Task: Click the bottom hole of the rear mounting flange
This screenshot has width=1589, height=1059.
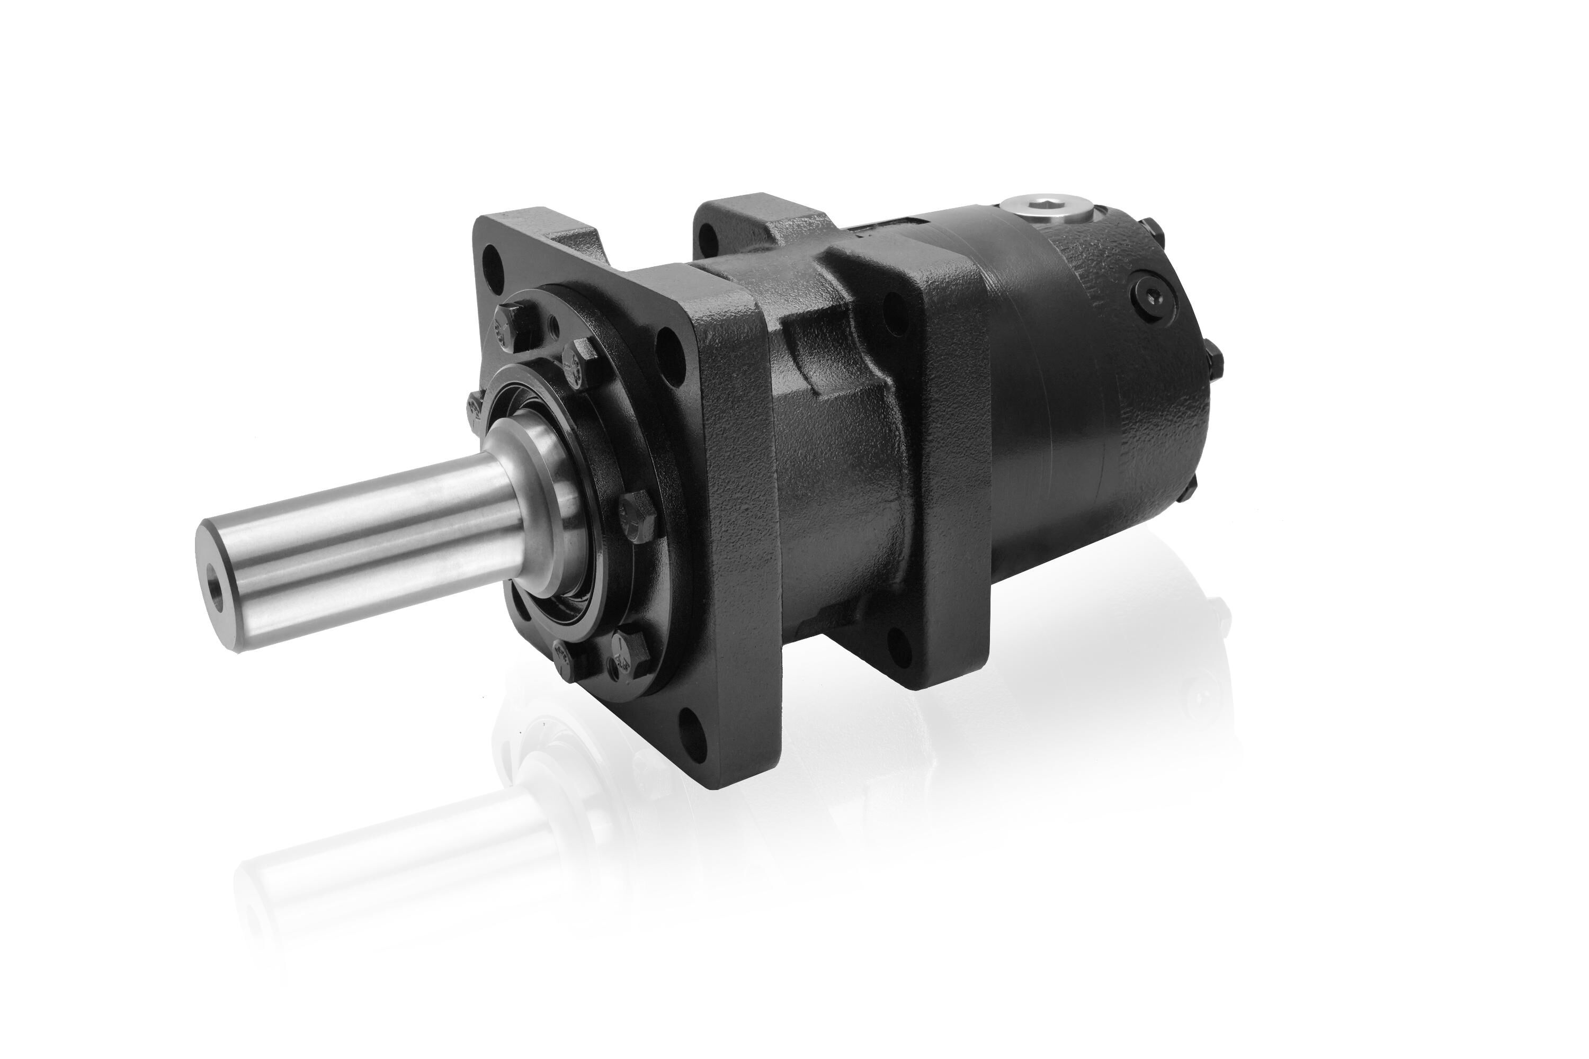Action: coord(895,640)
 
